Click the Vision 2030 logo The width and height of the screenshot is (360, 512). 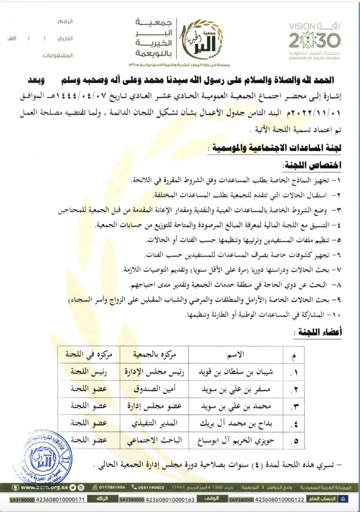[x=314, y=41]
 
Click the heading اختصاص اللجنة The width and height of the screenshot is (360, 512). [x=312, y=165]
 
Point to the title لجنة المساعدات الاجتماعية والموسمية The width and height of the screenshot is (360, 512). [x=276, y=148]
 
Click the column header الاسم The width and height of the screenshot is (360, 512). [x=236, y=355]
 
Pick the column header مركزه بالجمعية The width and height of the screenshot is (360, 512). [x=154, y=355]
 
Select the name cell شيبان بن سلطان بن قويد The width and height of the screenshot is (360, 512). [x=236, y=372]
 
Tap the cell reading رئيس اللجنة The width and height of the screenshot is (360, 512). [x=89, y=372]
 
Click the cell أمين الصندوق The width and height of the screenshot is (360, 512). [x=154, y=389]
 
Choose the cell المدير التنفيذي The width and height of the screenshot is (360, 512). [x=154, y=423]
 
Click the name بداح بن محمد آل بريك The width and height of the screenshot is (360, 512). [x=236, y=423]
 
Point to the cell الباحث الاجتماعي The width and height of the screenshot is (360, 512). [x=154, y=441]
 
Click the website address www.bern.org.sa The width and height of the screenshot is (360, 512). [x=44, y=487]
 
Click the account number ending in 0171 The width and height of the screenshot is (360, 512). [x=60, y=500]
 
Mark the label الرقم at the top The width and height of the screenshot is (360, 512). [x=65, y=22]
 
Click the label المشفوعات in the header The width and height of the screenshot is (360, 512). [x=57, y=56]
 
